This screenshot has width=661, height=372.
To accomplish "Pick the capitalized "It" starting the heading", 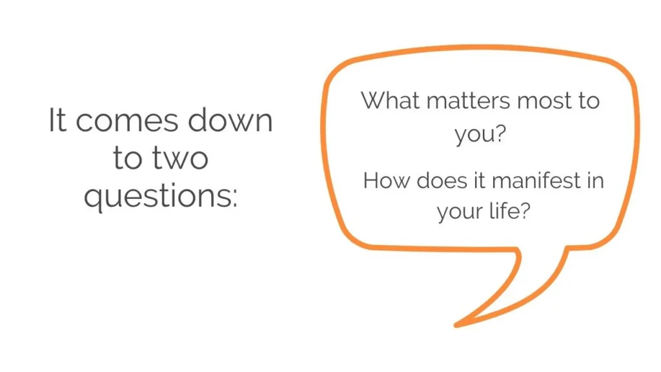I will pos(57,121).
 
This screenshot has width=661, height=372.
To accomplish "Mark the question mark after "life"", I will pos(526,211).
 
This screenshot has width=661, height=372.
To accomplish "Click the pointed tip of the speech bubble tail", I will pos(456,325).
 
